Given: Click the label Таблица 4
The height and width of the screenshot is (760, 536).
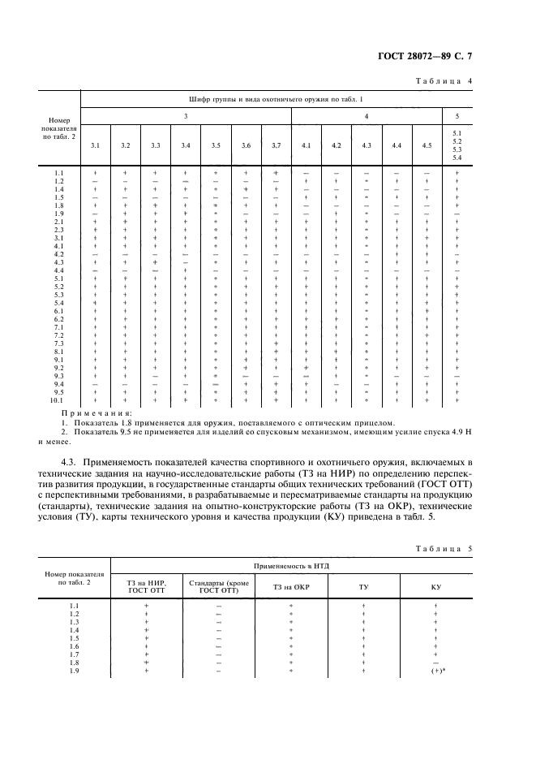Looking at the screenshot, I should [444, 81].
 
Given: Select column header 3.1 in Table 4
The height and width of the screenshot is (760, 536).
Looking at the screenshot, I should [95, 145].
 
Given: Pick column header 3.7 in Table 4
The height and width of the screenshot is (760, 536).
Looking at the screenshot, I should [276, 145].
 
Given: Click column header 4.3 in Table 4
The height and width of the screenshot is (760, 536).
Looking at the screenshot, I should [366, 145].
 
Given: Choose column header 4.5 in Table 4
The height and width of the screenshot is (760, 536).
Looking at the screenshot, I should [427, 145].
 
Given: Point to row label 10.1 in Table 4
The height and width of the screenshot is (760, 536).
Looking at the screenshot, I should [58, 400].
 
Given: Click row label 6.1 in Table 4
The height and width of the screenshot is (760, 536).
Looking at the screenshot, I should [58, 311].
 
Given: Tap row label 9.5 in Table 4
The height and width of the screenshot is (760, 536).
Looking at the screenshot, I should [58, 392].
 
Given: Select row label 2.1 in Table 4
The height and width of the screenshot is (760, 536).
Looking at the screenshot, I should [58, 222].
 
